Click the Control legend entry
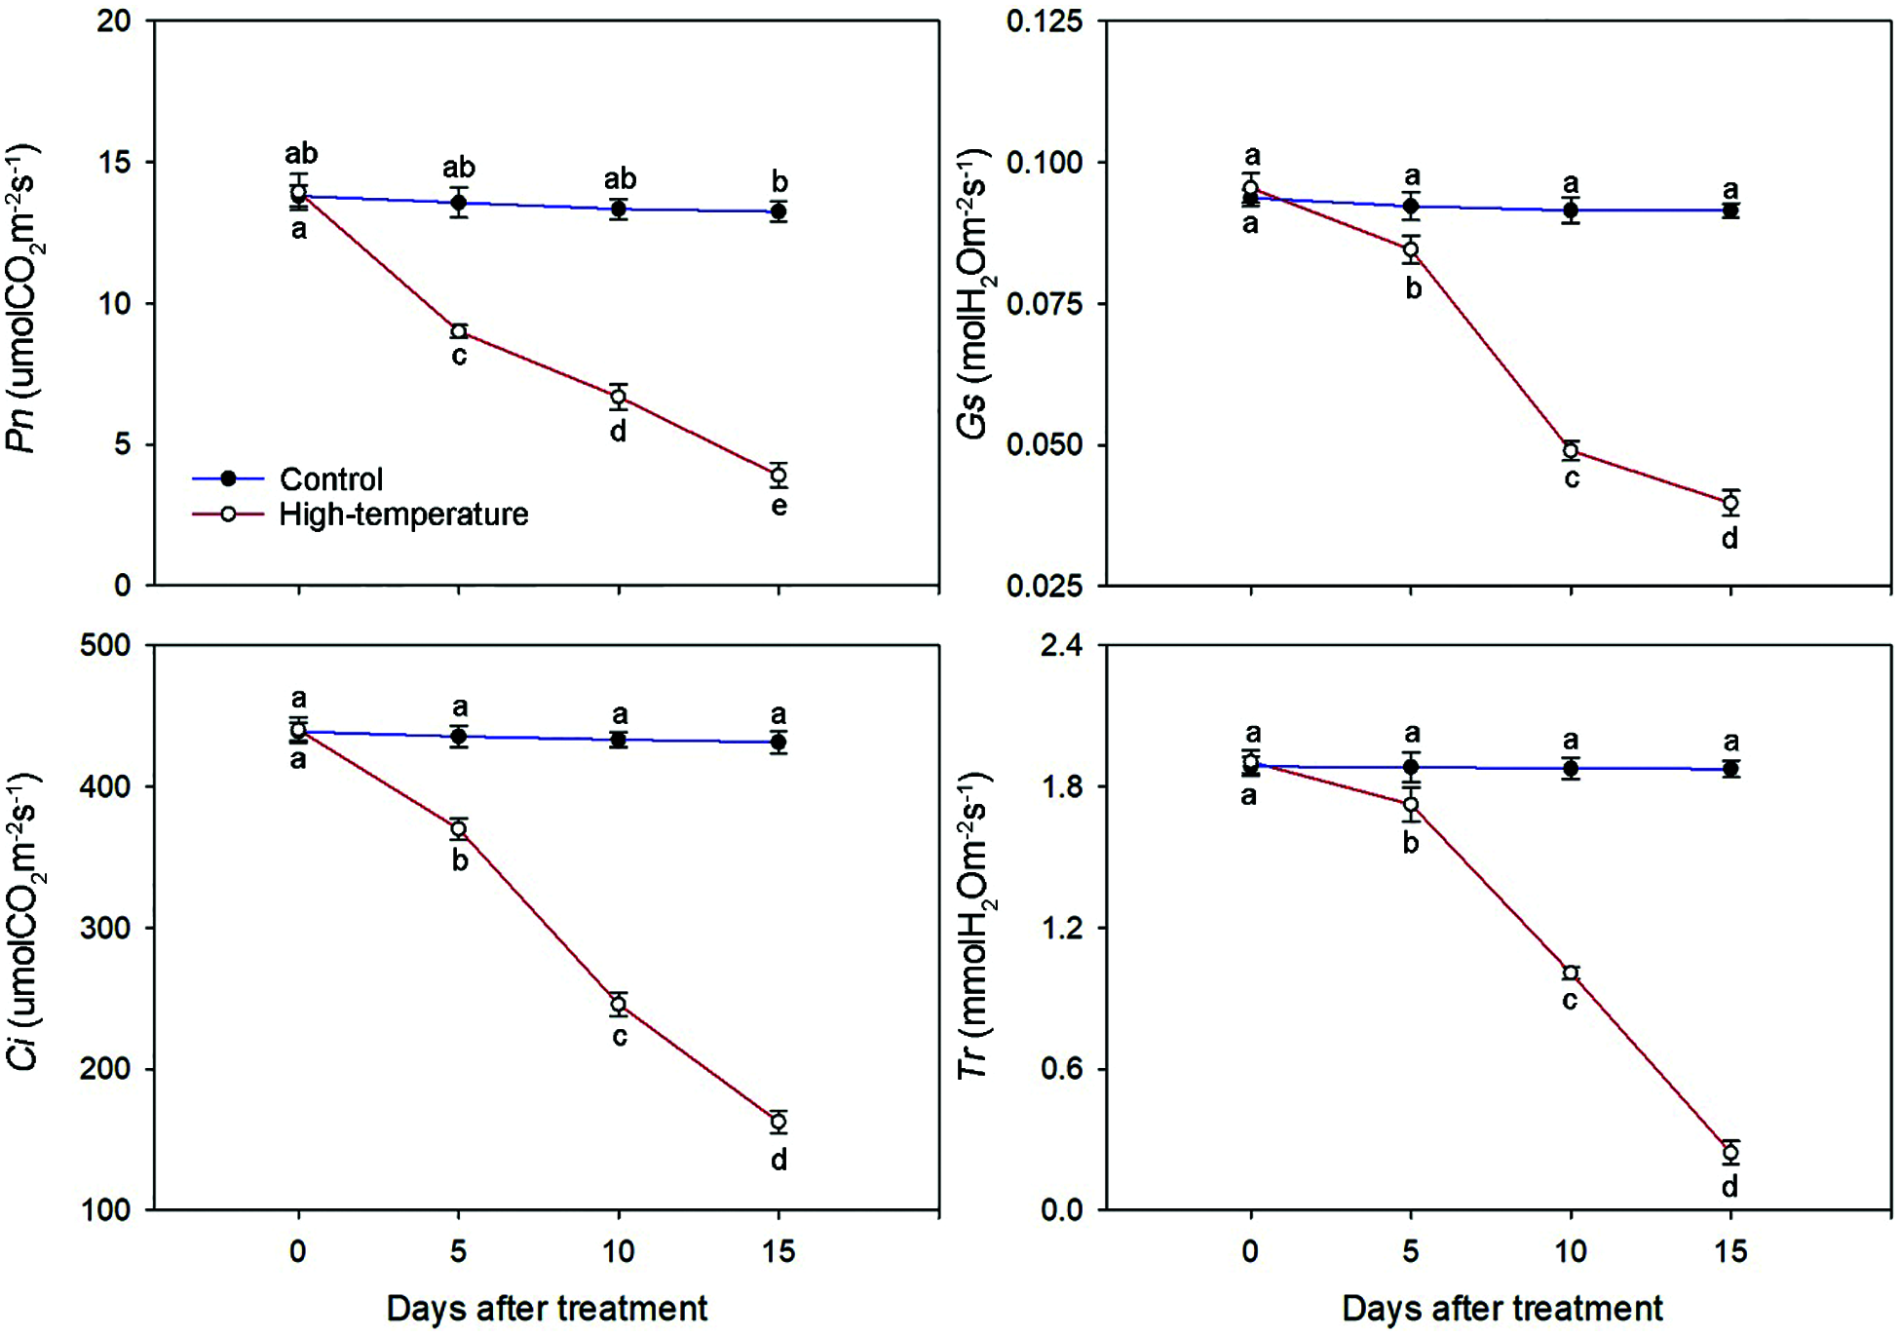[x=331, y=479]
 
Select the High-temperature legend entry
[x=402, y=515]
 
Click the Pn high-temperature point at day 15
[x=779, y=476]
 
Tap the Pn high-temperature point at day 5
[x=459, y=332]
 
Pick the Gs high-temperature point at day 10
[x=1571, y=450]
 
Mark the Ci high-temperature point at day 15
[x=779, y=1122]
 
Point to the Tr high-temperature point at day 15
[x=1730, y=1153]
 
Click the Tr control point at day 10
[x=1571, y=769]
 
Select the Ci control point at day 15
[x=779, y=743]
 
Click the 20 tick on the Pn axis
[x=114, y=21]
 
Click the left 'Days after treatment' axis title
[x=547, y=1308]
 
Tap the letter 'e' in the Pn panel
[x=779, y=507]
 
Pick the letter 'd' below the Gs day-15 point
[x=1730, y=538]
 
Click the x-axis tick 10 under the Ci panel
[x=619, y=1250]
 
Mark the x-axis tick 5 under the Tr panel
[x=1411, y=1250]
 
